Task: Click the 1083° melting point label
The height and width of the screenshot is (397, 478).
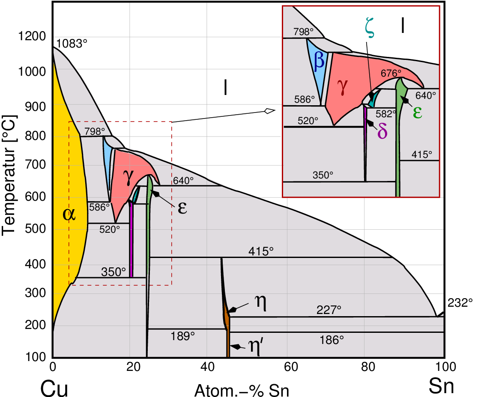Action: pos(72,44)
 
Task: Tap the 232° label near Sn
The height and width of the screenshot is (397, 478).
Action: pos(460,303)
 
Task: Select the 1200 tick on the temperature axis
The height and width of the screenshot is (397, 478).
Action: pos(32,36)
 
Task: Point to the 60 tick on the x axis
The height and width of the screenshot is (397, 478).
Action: pos(291,367)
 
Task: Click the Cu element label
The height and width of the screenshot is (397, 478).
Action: pos(54,388)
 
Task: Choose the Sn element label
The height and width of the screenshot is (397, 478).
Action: pos(442,386)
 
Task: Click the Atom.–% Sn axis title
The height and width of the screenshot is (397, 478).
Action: pos(242,390)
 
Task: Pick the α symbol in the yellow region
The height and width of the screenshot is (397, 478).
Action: pos(69,214)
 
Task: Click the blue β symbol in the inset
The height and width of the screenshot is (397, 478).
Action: pos(319,61)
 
